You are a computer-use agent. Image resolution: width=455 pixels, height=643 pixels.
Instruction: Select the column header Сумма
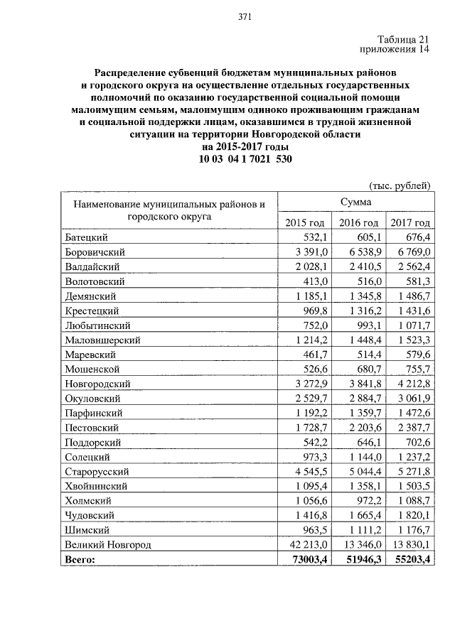tap(354, 202)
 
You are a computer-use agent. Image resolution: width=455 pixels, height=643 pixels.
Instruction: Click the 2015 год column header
tap(305, 223)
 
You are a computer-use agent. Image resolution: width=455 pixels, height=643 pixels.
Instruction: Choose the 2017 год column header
tap(411, 223)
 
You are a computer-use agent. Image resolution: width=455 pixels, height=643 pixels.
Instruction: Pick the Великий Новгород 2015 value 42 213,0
tap(306, 544)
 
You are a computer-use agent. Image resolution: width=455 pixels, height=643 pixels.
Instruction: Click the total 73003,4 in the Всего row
tap(306, 559)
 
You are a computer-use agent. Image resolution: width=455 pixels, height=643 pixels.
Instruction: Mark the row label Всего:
tap(79, 559)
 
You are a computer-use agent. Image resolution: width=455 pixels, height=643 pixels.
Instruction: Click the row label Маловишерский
tap(102, 340)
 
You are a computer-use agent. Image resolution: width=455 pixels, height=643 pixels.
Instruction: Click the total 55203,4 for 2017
tap(411, 559)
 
